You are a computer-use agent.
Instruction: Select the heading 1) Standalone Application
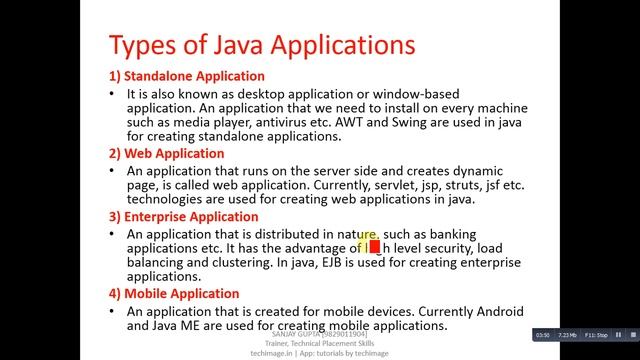(x=187, y=76)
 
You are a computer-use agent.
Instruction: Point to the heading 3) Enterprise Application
(x=189, y=216)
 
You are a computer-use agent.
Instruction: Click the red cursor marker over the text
(x=374, y=247)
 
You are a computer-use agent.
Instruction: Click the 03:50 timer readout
(x=542, y=333)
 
